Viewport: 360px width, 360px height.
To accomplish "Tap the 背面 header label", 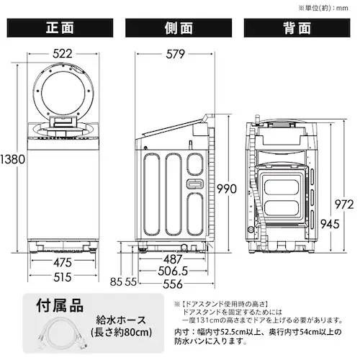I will (x=297, y=29).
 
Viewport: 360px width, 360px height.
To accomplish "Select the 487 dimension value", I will (x=176, y=259).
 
